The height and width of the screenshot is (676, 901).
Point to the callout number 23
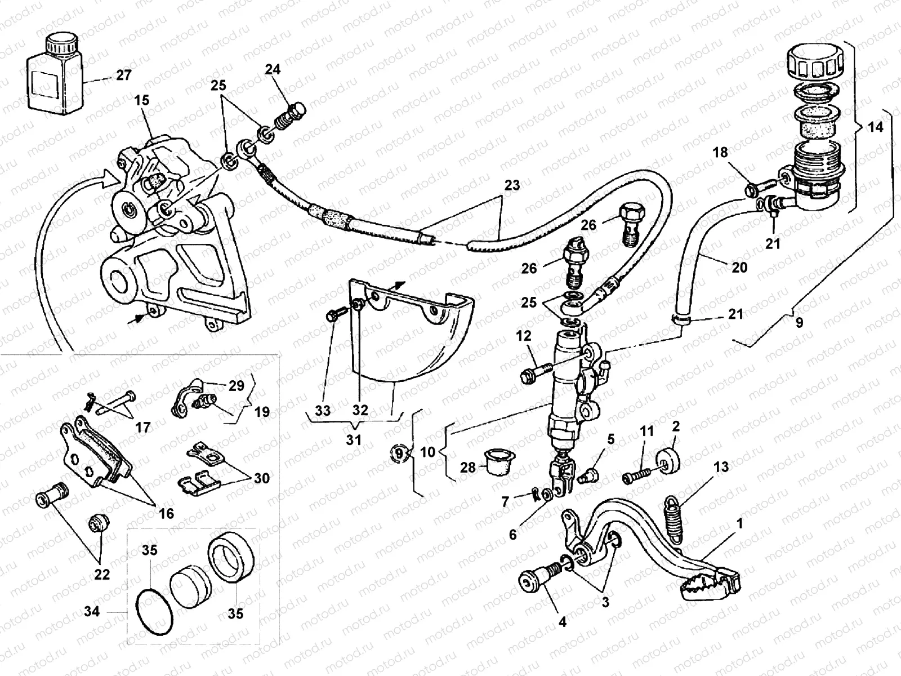[x=512, y=185]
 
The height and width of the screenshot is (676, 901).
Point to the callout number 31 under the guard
[x=354, y=439]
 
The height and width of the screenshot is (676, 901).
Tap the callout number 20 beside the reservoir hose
[x=739, y=266]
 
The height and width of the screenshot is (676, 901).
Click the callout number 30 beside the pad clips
[x=261, y=478]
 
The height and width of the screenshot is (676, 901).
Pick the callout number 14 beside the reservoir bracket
[x=875, y=127]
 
